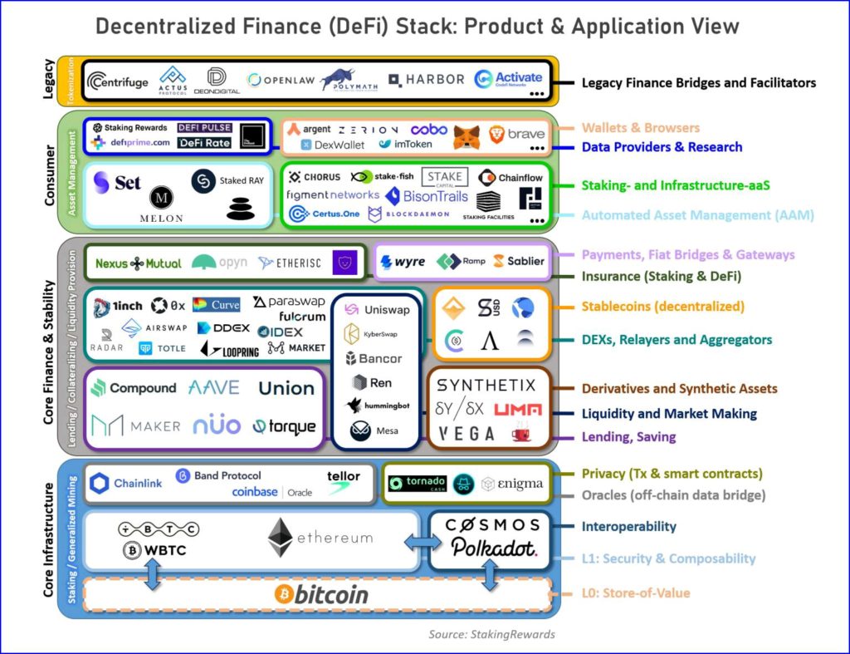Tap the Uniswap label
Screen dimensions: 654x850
click(379, 309)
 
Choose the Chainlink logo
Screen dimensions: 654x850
click(126, 483)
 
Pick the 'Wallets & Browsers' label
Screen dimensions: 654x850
click(640, 128)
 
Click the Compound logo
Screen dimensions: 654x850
click(134, 388)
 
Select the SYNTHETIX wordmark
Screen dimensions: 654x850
click(486, 385)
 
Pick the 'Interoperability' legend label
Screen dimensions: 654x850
click(628, 526)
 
